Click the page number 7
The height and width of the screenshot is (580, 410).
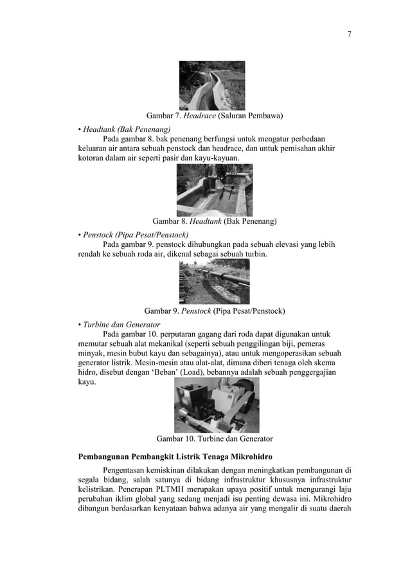click(350, 34)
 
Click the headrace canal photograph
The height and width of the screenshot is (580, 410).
click(211, 85)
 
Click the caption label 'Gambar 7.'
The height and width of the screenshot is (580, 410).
click(164, 116)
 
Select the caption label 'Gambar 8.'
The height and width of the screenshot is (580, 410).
click(169, 221)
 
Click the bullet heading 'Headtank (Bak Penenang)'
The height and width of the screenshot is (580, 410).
click(122, 129)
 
